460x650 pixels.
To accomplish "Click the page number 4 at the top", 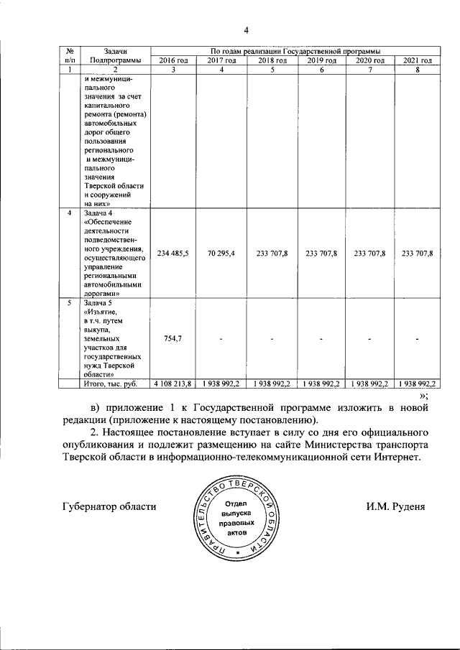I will click(245, 30).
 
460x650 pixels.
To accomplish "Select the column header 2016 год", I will click(172, 60).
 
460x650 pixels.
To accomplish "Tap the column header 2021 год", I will click(418, 60).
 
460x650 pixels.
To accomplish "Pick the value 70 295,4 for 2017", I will click(221, 254).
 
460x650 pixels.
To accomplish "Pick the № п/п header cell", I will click(70, 55).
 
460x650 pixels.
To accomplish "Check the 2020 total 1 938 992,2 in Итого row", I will click(369, 384).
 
